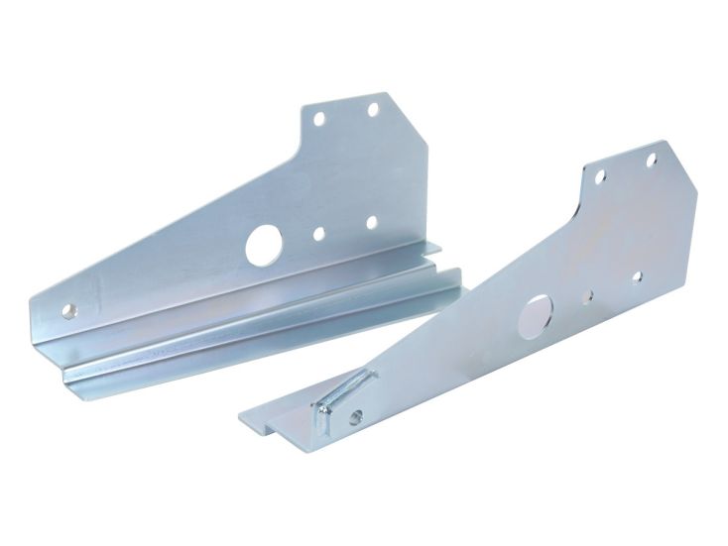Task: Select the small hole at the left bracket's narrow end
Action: pyautogui.click(x=68, y=310)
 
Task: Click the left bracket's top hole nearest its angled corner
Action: pyautogui.click(x=374, y=110)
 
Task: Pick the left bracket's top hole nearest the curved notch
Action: pyautogui.click(x=319, y=118)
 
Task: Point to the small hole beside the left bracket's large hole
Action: pyautogui.click(x=318, y=234)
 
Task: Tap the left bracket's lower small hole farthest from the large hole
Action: pyautogui.click(x=371, y=223)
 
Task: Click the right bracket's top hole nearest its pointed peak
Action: pyautogui.click(x=652, y=160)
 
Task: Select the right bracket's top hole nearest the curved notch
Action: pyautogui.click(x=600, y=176)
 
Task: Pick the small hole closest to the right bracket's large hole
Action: pyautogui.click(x=588, y=295)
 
